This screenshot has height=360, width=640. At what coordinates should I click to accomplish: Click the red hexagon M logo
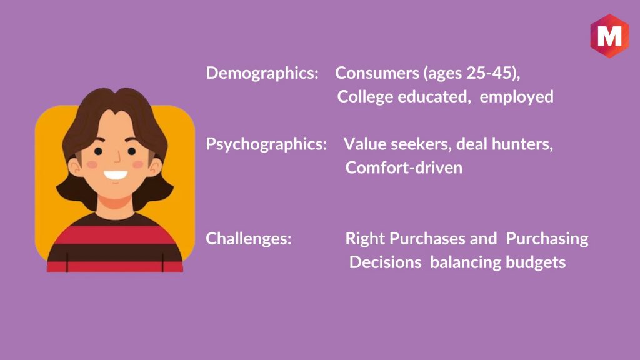tap(609, 36)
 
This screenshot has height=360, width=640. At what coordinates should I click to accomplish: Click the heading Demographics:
tap(262, 73)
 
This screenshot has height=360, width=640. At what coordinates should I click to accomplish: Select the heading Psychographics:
tap(266, 144)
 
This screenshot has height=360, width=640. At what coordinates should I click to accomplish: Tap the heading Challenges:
tap(249, 238)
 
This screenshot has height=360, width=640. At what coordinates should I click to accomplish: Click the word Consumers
tap(377, 72)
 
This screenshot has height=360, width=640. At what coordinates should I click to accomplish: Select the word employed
tap(516, 97)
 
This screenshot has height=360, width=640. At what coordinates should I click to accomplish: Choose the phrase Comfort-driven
tap(404, 167)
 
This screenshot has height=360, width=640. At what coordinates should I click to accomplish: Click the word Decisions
tap(385, 262)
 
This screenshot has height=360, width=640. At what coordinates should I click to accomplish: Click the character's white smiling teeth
tap(116, 175)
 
